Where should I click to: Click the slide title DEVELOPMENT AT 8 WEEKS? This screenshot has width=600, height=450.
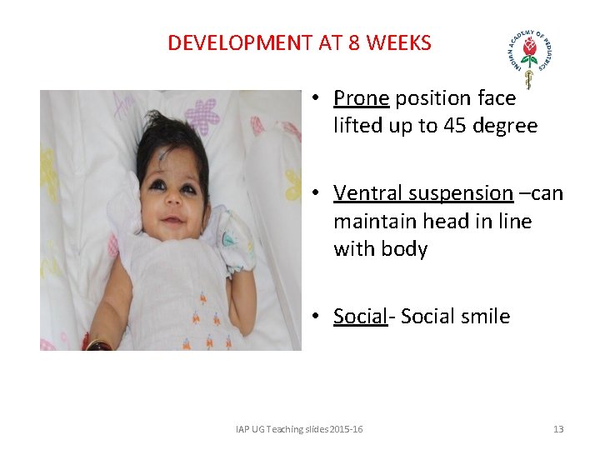click(299, 42)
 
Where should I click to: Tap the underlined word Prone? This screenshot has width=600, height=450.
click(362, 98)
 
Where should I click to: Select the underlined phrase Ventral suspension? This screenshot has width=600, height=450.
click(422, 193)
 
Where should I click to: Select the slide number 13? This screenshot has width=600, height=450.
click(557, 429)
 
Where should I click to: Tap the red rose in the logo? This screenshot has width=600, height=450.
click(530, 52)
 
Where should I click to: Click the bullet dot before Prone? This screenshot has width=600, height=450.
click(317, 99)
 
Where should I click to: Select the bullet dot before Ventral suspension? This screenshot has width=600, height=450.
click(317, 194)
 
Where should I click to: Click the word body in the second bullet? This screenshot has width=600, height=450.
click(404, 249)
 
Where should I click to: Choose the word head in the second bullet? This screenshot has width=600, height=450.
click(448, 222)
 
